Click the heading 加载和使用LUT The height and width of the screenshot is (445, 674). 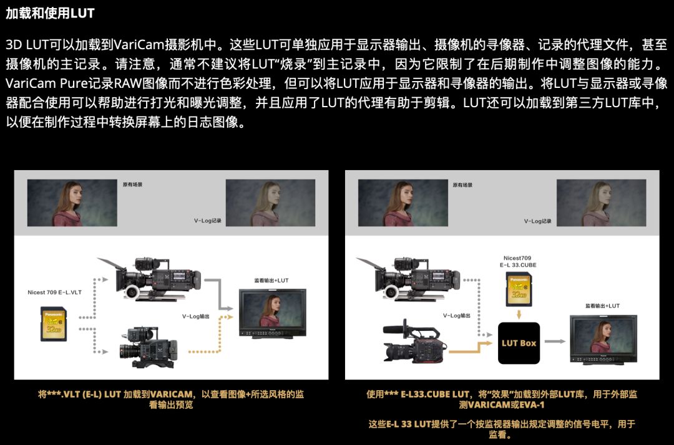pyautogui.click(x=50, y=12)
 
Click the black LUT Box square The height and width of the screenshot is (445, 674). pyautogui.click(x=519, y=343)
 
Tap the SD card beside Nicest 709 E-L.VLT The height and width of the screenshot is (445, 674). pyautogui.click(x=54, y=323)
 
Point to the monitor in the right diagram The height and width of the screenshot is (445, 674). pyautogui.click(x=603, y=338)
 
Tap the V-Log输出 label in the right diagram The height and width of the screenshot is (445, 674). pyautogui.click(x=457, y=316)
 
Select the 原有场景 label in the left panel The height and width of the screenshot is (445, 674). pyautogui.click(x=132, y=185)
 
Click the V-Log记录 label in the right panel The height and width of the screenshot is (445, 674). pyautogui.click(x=538, y=221)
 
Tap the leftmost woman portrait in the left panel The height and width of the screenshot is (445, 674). pyautogui.click(x=72, y=203)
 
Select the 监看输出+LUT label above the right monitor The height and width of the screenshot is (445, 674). pyautogui.click(x=602, y=306)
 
